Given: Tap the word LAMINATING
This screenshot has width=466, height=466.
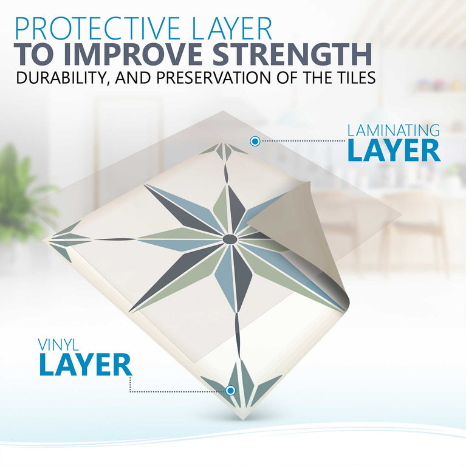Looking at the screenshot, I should point(394,130).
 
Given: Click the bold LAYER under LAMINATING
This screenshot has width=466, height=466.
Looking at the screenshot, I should point(394,151).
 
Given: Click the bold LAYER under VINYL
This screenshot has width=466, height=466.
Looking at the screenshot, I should point(85,365).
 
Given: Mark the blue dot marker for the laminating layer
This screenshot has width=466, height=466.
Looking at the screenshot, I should point(255,142).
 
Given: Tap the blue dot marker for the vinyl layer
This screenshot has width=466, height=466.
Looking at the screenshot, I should point(231,390).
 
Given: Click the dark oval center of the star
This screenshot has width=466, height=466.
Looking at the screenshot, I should point(230,239).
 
